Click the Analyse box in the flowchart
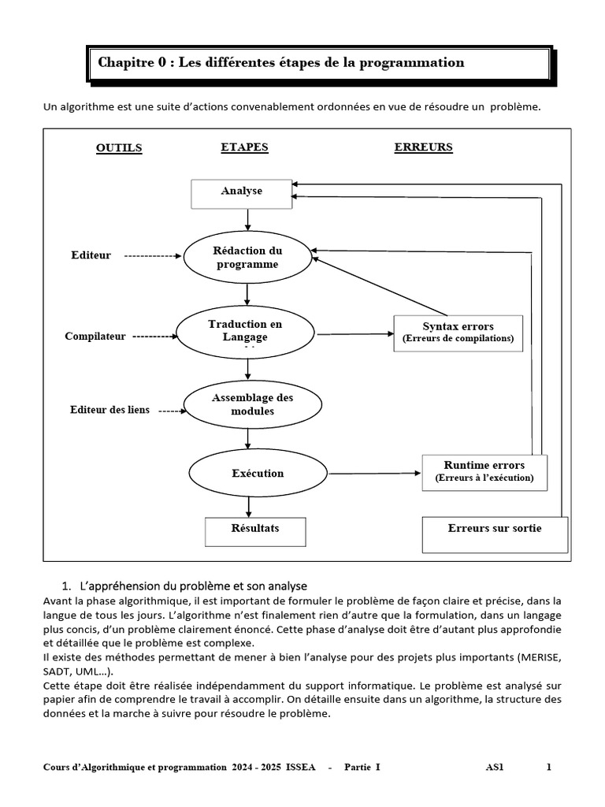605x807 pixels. click(x=242, y=192)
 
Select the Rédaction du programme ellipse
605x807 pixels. click(x=247, y=258)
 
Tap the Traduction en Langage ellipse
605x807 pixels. click(x=245, y=331)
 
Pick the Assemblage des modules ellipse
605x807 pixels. click(x=252, y=404)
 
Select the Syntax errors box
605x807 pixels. click(x=458, y=332)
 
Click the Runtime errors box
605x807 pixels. click(x=484, y=471)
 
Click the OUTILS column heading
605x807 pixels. click(x=119, y=148)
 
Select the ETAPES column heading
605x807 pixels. click(x=244, y=147)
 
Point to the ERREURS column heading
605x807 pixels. click(x=423, y=147)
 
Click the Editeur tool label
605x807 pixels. click(x=91, y=255)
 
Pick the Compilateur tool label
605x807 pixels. click(x=95, y=337)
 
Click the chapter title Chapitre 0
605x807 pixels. click(x=280, y=62)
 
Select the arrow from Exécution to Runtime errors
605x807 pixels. click(x=375, y=474)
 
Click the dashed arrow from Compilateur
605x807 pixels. click(x=154, y=337)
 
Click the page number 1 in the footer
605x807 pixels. click(x=549, y=766)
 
